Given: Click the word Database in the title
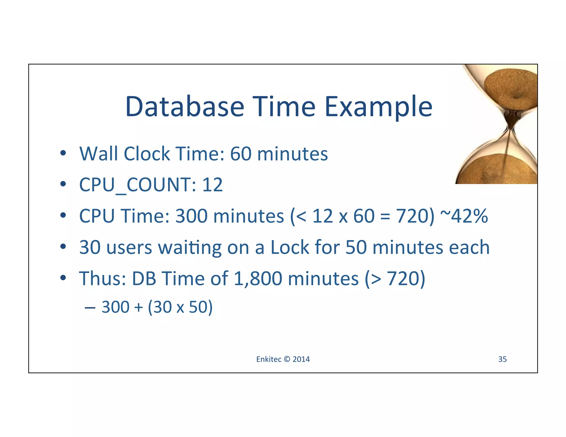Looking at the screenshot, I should (185, 106).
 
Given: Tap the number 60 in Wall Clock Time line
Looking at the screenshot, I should (240, 154).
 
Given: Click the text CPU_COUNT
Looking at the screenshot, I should (138, 185).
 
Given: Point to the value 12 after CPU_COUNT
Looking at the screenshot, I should (212, 185).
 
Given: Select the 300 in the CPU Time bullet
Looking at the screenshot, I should (191, 216).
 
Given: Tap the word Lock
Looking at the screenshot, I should (290, 247).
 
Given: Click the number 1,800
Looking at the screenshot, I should (258, 278).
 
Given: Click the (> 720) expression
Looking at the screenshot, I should (395, 278).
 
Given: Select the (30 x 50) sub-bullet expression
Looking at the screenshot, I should (180, 307).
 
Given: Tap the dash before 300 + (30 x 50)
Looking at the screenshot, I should (90, 307).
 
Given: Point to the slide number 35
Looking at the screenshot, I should (502, 359).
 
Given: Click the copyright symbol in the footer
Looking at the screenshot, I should (287, 359).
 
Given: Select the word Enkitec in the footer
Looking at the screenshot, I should (269, 359).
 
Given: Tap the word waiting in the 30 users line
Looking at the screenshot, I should (190, 248).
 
